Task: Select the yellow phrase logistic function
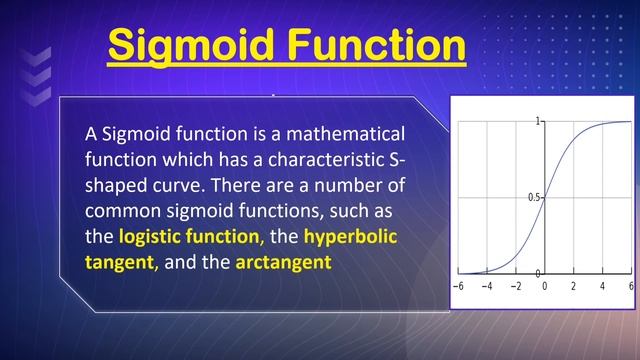click(x=190, y=238)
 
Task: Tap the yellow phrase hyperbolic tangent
click(x=350, y=238)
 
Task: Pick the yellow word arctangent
click(x=283, y=263)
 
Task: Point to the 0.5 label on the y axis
click(x=534, y=197)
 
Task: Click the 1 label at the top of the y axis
click(x=538, y=122)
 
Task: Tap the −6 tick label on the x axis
click(x=458, y=286)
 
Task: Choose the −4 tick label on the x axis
click(x=487, y=286)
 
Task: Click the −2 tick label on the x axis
click(x=516, y=286)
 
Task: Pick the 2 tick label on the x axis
click(x=574, y=286)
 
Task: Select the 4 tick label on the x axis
click(x=603, y=286)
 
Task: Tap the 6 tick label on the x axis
click(x=631, y=286)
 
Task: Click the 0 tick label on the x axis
click(x=545, y=286)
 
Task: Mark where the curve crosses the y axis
click(x=545, y=197)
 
